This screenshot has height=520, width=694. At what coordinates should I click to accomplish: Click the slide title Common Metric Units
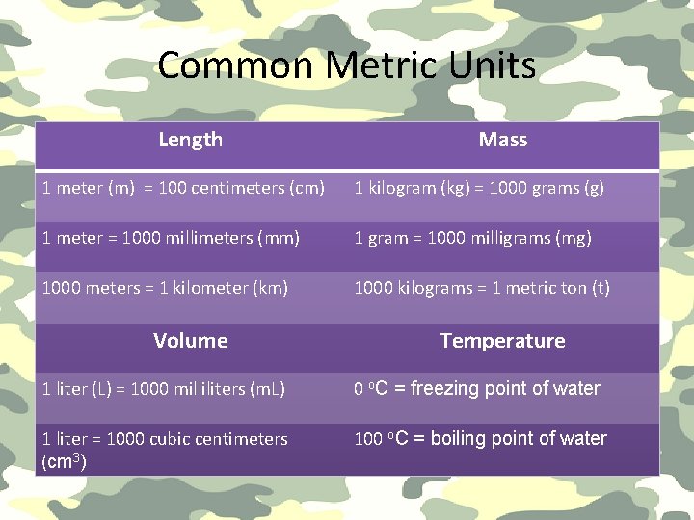(346, 65)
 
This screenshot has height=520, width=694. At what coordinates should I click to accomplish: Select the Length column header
(190, 140)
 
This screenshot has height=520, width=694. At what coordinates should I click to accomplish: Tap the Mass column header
(502, 140)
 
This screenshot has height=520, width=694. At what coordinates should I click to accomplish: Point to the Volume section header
(190, 341)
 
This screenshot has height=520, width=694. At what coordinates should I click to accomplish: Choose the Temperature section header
(502, 341)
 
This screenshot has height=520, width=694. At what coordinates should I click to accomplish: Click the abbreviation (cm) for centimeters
(307, 188)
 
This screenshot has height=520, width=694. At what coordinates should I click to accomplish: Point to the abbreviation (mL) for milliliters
(267, 389)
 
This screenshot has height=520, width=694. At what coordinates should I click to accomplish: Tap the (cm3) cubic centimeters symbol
(64, 462)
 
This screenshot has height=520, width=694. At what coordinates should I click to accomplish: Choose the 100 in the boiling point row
(368, 439)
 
